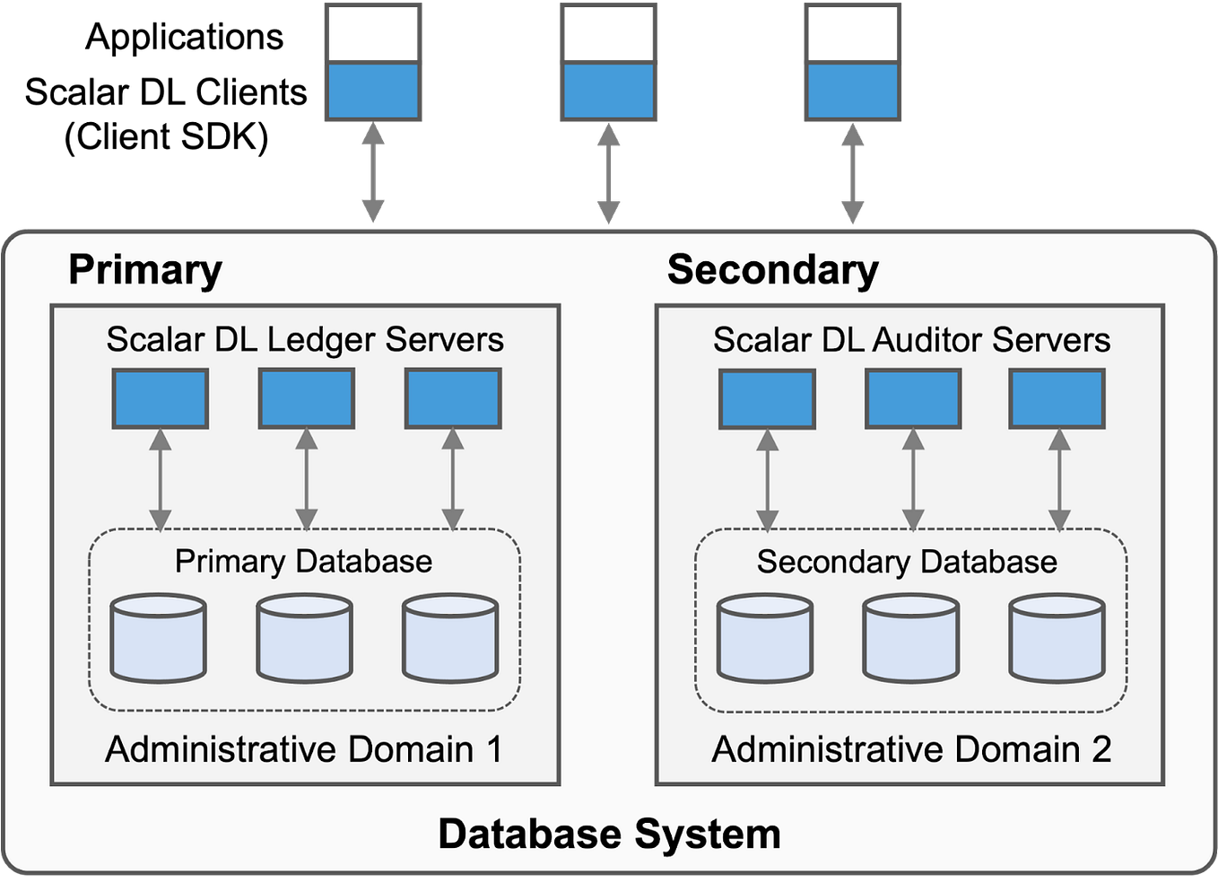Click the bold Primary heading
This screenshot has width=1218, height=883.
click(x=145, y=269)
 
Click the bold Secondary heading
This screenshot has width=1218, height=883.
click(x=772, y=269)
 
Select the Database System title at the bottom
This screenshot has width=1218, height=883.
click(x=609, y=834)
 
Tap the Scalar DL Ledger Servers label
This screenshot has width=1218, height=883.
click(x=305, y=340)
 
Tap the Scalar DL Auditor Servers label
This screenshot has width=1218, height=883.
click(x=911, y=340)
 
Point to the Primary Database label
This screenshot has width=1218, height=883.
click(x=303, y=562)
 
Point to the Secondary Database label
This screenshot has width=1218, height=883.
click(x=907, y=562)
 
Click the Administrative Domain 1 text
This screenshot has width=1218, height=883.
click(x=304, y=749)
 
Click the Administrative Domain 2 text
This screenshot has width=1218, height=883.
click(x=911, y=749)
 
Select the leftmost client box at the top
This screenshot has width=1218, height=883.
click(x=373, y=62)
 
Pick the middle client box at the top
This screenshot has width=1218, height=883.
click(x=609, y=62)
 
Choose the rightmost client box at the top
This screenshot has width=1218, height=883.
click(x=852, y=62)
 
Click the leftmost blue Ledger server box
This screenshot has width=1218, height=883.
click(x=161, y=398)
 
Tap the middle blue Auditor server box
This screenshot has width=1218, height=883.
click(x=913, y=398)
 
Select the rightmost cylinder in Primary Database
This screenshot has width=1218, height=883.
click(x=450, y=638)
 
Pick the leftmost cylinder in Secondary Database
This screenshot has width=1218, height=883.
click(x=765, y=638)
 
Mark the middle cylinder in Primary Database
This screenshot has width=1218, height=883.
click(x=304, y=638)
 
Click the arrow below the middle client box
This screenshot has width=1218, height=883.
click(x=609, y=174)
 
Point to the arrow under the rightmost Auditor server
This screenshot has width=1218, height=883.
click(x=1059, y=479)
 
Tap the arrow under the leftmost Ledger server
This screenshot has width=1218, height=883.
click(x=161, y=479)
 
